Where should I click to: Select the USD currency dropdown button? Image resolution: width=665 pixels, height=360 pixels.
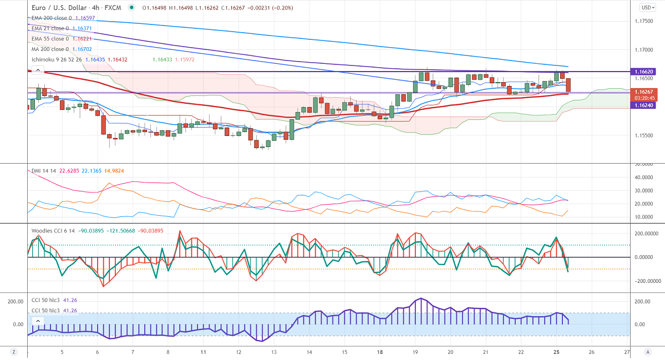tap(647, 7)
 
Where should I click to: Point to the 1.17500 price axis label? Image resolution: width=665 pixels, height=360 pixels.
tap(643, 21)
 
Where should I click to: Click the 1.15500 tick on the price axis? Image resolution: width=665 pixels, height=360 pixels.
tap(643, 135)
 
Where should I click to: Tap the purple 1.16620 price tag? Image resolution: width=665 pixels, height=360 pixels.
tap(644, 72)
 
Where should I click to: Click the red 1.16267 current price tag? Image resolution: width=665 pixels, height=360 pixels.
tap(644, 92)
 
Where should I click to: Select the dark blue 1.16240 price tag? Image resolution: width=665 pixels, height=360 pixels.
tap(644, 105)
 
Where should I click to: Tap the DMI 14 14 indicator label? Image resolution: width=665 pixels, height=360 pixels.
tap(44, 170)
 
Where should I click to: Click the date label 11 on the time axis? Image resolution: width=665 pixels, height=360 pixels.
tap(204, 352)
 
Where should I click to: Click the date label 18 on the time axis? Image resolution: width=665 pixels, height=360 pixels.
tap(380, 352)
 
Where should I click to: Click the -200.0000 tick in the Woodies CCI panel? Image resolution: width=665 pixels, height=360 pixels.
tap(644, 281)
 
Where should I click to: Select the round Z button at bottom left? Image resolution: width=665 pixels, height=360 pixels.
tap(13, 352)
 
